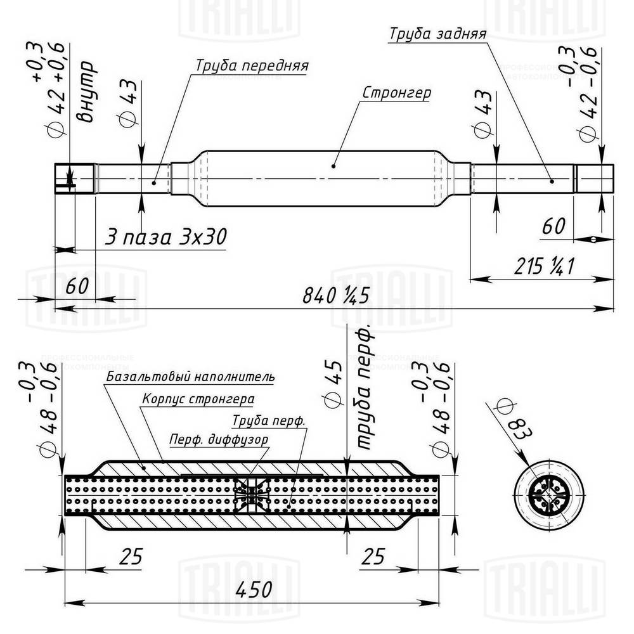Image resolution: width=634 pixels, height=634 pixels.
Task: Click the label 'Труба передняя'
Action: pyautogui.click(x=252, y=66)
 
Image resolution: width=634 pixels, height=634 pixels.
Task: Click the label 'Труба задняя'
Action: pyautogui.click(x=437, y=34)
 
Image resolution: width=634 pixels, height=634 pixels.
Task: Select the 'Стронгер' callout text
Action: pyautogui.click(x=396, y=93)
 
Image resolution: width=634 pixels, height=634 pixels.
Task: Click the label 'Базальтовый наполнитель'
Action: pyautogui.click(x=190, y=377)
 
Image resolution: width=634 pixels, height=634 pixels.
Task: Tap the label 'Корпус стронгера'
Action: pyautogui.click(x=198, y=399)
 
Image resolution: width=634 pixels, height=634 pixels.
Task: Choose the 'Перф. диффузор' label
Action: pyautogui.click(x=218, y=439)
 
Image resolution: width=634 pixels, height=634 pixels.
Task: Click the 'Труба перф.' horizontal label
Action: pyautogui.click(x=269, y=420)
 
